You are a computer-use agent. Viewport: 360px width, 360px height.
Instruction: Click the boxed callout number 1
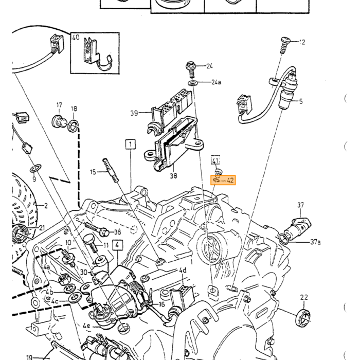131,145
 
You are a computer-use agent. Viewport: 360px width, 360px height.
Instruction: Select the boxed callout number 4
117,245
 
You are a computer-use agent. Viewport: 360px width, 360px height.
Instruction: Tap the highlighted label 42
230,180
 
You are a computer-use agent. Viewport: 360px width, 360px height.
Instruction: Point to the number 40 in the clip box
76,37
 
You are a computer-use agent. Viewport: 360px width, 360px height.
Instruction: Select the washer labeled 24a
193,83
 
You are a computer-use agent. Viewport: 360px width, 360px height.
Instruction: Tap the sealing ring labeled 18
73,126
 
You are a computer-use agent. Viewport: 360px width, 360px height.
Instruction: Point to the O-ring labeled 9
35,168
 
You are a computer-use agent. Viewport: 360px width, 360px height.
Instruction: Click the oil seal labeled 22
303,318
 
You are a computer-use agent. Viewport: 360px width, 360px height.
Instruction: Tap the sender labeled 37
297,227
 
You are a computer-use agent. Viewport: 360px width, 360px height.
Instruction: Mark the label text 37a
315,242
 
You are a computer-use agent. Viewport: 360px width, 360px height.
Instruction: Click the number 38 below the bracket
174,176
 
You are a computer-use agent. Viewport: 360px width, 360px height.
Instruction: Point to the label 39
134,113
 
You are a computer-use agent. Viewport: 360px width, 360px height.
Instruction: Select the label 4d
183,270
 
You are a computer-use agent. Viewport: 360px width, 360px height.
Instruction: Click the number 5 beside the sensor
301,101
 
